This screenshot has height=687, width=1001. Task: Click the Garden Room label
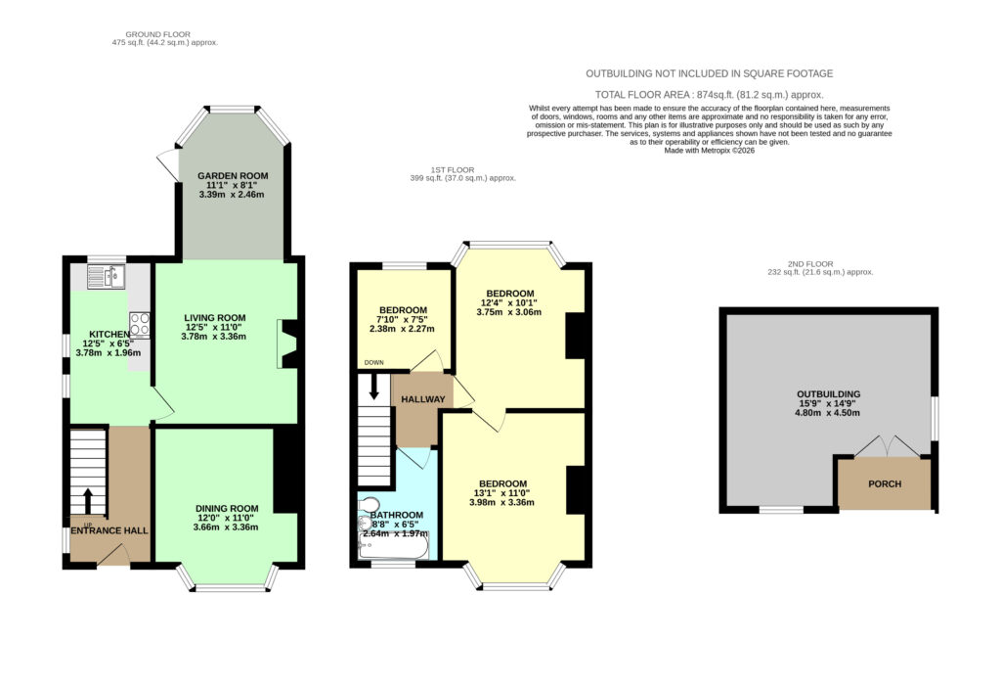[233, 176]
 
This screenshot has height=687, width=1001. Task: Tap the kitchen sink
[107, 277]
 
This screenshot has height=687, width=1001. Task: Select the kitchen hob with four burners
[139, 323]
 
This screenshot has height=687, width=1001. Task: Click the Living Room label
[214, 318]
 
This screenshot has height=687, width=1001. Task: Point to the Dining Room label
[227, 509]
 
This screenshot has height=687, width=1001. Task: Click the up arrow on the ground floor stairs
[87, 502]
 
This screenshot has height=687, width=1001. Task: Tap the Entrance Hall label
[109, 530]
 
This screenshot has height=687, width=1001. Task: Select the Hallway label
[422, 399]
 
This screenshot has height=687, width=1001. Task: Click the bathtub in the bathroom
[394, 545]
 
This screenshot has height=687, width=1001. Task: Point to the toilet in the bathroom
[369, 504]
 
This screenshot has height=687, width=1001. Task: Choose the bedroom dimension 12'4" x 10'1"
[508, 303]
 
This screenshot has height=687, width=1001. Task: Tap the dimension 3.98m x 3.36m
[501, 502]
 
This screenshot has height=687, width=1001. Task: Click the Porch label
[885, 483]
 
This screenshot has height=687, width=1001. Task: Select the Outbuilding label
[828, 394]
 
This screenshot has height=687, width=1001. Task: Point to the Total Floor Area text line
[710, 95]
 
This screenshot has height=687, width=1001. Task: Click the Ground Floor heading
[157, 34]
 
